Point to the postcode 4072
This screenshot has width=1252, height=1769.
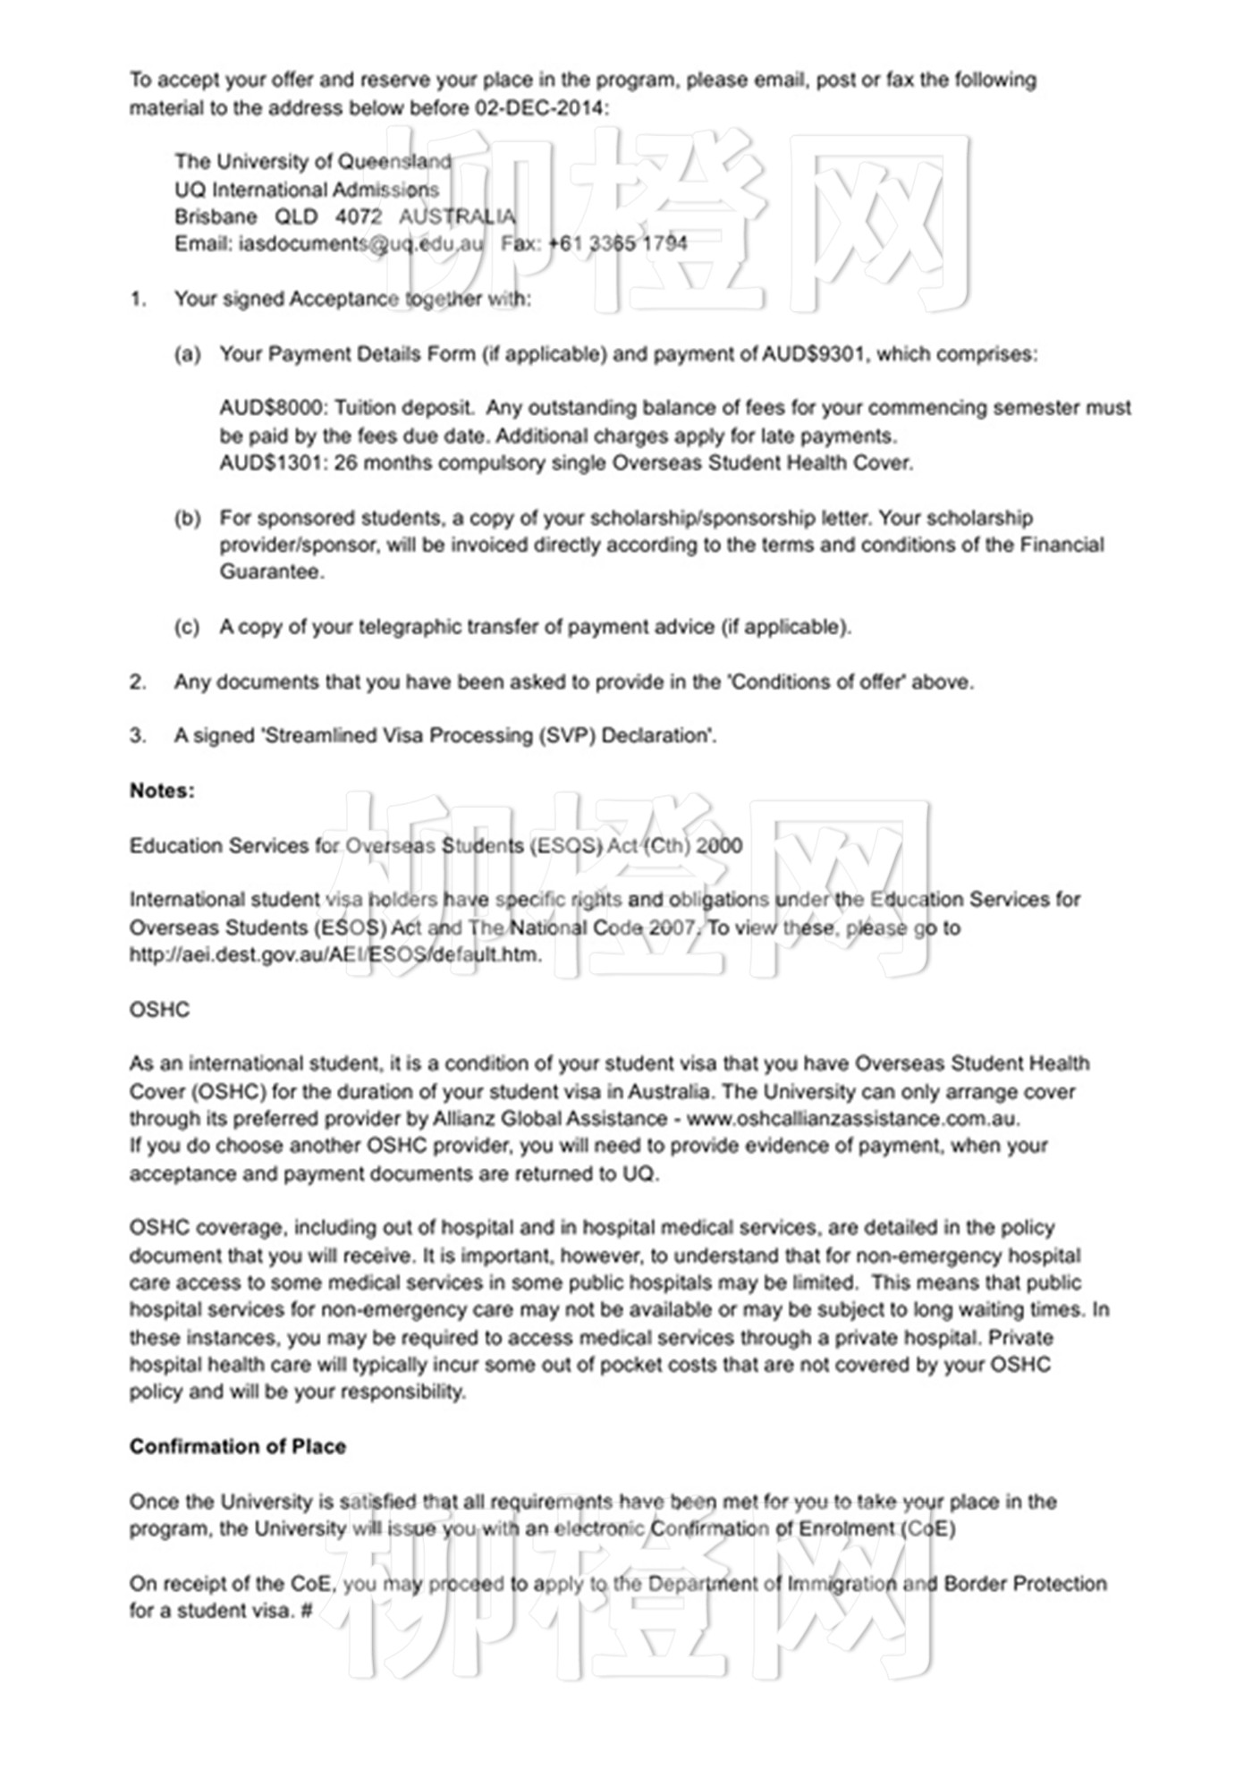coord(359,216)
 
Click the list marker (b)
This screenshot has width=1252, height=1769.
coord(187,519)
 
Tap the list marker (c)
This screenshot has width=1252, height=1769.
coord(187,627)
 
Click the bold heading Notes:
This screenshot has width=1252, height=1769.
coord(162,791)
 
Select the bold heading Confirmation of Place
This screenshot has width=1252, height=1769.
coord(237,1447)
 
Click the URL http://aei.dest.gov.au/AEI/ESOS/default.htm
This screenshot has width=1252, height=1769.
coord(335,954)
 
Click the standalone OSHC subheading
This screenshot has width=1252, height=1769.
coord(159,1010)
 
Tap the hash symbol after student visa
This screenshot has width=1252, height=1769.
coord(307,1611)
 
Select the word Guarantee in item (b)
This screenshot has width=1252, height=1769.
coord(271,572)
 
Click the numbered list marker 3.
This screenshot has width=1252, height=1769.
coord(137,736)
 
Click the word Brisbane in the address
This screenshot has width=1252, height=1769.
coord(216,216)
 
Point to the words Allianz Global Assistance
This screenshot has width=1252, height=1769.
coord(550,1119)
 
